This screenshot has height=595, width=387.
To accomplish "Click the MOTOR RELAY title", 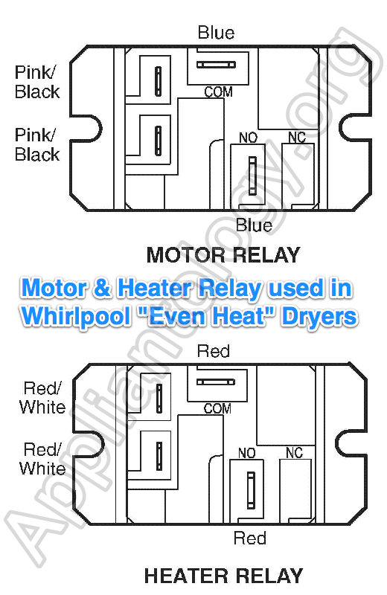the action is click(223, 255).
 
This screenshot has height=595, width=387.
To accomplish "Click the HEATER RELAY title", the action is click(223, 576).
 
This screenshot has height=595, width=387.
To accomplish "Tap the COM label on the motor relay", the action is click(218, 92).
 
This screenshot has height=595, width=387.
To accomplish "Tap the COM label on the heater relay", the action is click(217, 408).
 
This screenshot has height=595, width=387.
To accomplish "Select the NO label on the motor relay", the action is click(249, 138).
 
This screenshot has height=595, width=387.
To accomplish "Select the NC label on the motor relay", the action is click(297, 138).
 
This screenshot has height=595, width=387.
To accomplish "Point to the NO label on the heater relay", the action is click(247, 453).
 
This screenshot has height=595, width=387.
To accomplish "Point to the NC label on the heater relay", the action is click(294, 453).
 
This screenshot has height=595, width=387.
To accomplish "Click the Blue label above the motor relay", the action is click(216, 33).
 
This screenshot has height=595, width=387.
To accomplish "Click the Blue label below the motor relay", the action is click(254, 225).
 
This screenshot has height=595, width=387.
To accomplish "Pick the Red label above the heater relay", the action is click(214, 351).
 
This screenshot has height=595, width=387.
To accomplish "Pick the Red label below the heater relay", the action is click(250, 538).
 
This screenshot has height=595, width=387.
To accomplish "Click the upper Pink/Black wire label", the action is click(37, 83).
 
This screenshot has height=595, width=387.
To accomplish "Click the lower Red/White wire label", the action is click(42, 459).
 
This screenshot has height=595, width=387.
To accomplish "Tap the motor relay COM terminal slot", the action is click(216, 65).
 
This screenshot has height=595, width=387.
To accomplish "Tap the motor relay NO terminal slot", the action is click(252, 176).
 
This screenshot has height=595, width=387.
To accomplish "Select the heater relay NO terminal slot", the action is click(251, 490).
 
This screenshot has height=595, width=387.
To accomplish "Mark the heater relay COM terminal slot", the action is click(216, 382).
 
